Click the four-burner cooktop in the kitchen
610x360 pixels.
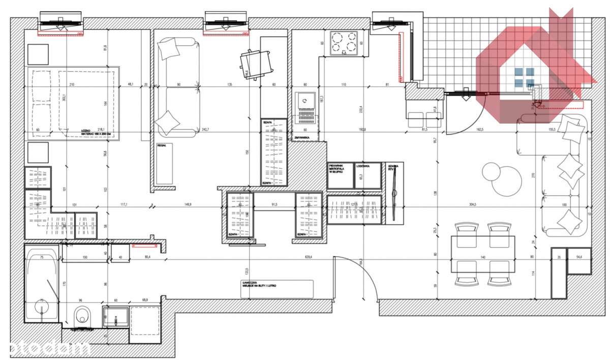tap(344, 43)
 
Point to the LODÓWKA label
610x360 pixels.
tap(362, 166)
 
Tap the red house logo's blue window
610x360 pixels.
tap(524, 77)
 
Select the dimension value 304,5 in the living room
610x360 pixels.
tap(473, 205)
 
